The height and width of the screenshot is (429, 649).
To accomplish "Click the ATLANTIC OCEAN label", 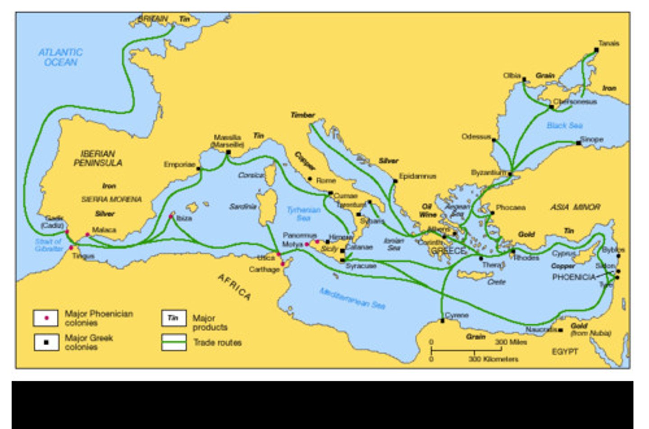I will pyautogui.click(x=60, y=57).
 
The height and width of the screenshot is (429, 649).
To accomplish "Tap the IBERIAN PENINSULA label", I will pyautogui.click(x=98, y=158).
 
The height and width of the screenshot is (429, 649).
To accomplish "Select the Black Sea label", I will pyautogui.click(x=564, y=125).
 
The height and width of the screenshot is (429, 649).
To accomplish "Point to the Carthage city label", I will pyautogui.click(x=264, y=269).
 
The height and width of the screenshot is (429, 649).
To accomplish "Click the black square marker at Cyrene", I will pyautogui.click(x=443, y=321).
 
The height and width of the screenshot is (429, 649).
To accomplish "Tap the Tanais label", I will pyautogui.click(x=608, y=43).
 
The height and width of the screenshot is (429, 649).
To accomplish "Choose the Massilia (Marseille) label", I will pyautogui.click(x=228, y=141).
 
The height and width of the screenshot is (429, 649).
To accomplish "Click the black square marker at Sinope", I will pyautogui.click(x=578, y=143).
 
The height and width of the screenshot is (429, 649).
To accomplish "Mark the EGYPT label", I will pyautogui.click(x=565, y=352).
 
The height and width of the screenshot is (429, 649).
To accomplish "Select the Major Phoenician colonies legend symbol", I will pyautogui.click(x=46, y=318).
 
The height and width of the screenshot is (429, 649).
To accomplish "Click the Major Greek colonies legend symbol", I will pyautogui.click(x=46, y=342).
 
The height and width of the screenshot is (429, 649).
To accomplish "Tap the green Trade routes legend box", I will pyautogui.click(x=174, y=342).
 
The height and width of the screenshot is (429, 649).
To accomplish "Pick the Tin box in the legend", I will pyautogui.click(x=174, y=318).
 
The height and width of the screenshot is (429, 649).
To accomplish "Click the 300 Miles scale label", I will pyautogui.click(x=511, y=342).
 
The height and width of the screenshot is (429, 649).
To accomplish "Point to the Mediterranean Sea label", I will pyautogui.click(x=352, y=298).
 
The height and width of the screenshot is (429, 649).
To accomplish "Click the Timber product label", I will pyautogui.click(x=302, y=115).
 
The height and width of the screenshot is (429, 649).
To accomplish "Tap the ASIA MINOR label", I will pyautogui.click(x=575, y=207).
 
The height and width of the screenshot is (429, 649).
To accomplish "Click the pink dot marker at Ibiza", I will pyautogui.click(x=171, y=217).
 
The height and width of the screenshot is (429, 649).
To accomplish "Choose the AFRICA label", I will pyautogui.click(x=234, y=287).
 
